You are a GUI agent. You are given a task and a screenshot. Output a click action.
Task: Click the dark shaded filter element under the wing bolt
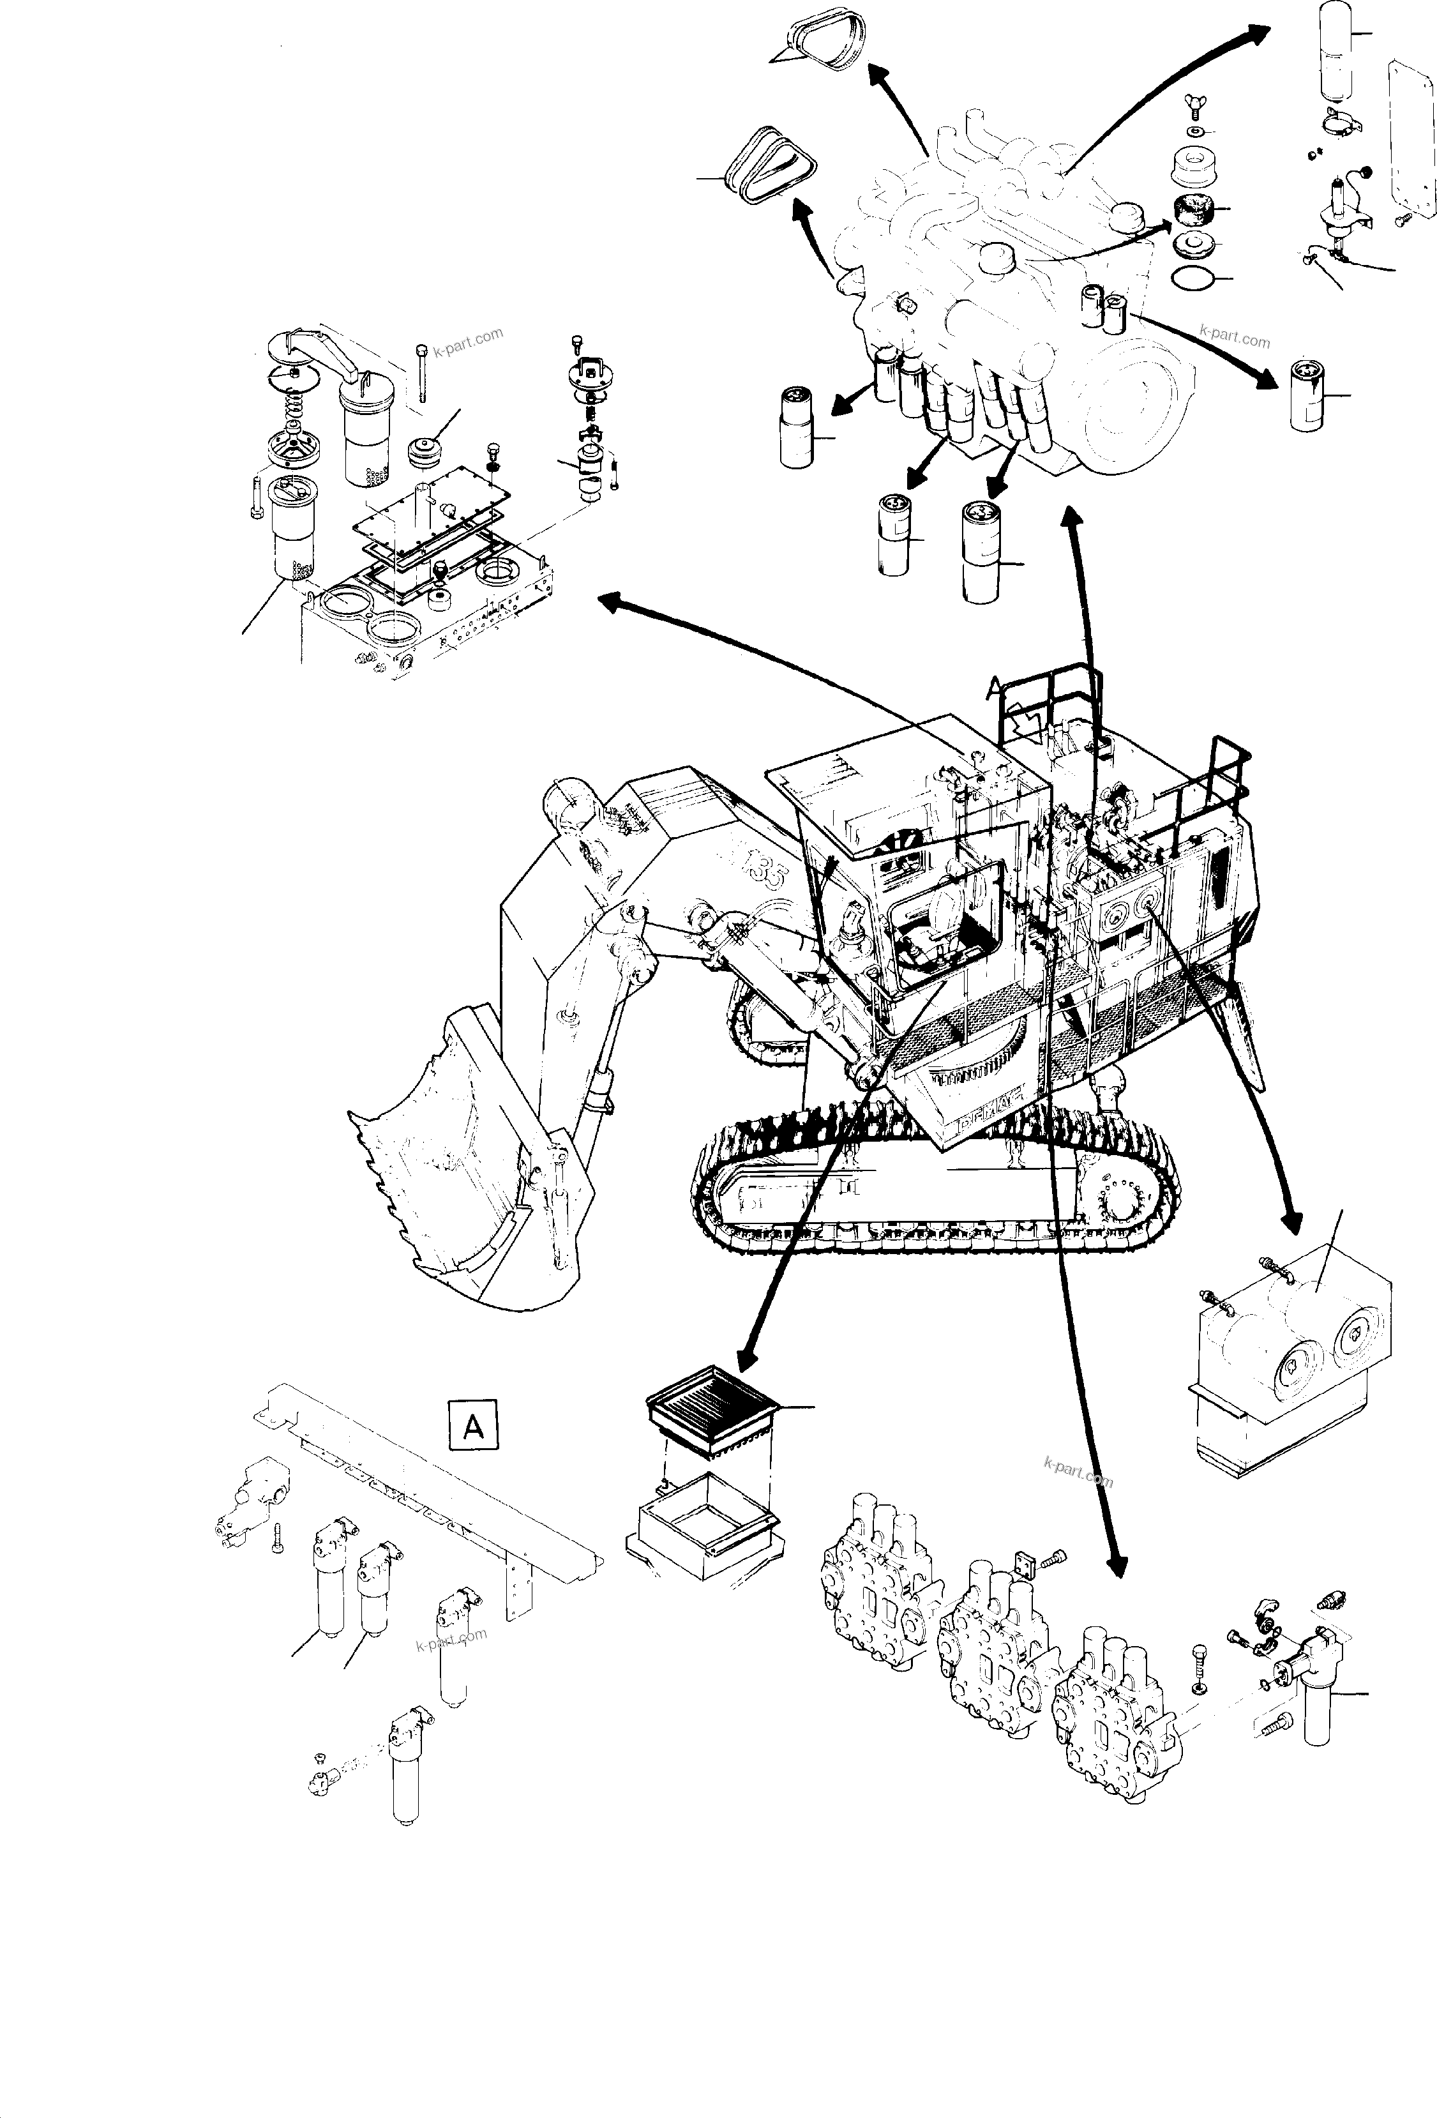click(x=1190, y=211)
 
